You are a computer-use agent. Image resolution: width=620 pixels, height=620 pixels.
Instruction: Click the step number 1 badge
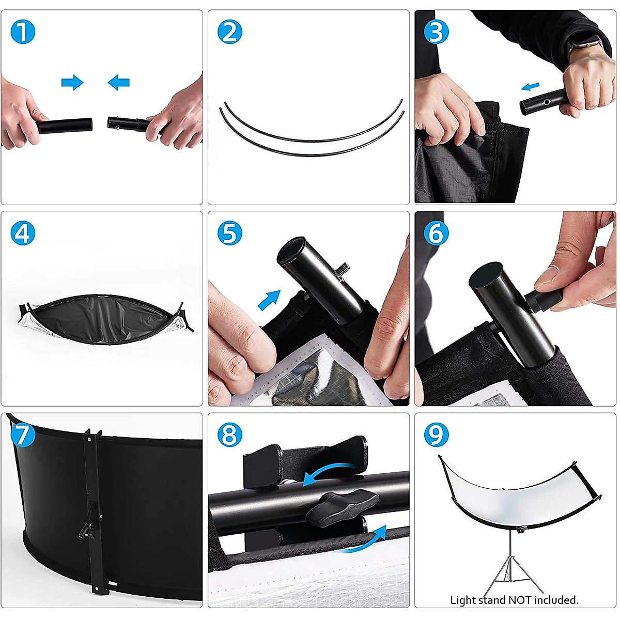23,32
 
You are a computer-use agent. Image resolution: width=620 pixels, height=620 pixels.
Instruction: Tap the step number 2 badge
230,32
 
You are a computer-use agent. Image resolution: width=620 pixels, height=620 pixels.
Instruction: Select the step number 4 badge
23,233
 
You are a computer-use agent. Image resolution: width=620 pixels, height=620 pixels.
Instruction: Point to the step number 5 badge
230,233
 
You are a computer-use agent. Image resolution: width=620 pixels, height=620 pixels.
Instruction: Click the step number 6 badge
436,233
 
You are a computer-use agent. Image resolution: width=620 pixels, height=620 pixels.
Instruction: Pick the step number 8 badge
230,435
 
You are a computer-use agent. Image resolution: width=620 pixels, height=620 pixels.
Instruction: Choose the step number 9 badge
436,435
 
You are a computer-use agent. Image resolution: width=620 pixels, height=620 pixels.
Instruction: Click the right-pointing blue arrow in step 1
72,82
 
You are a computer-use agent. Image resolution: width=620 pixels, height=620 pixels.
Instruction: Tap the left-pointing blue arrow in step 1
118,82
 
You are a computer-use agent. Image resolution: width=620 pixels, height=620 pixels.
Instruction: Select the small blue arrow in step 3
530,86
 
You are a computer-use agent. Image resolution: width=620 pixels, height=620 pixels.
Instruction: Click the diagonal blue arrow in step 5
269,300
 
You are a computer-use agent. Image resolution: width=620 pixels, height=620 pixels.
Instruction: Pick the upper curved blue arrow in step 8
328,474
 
